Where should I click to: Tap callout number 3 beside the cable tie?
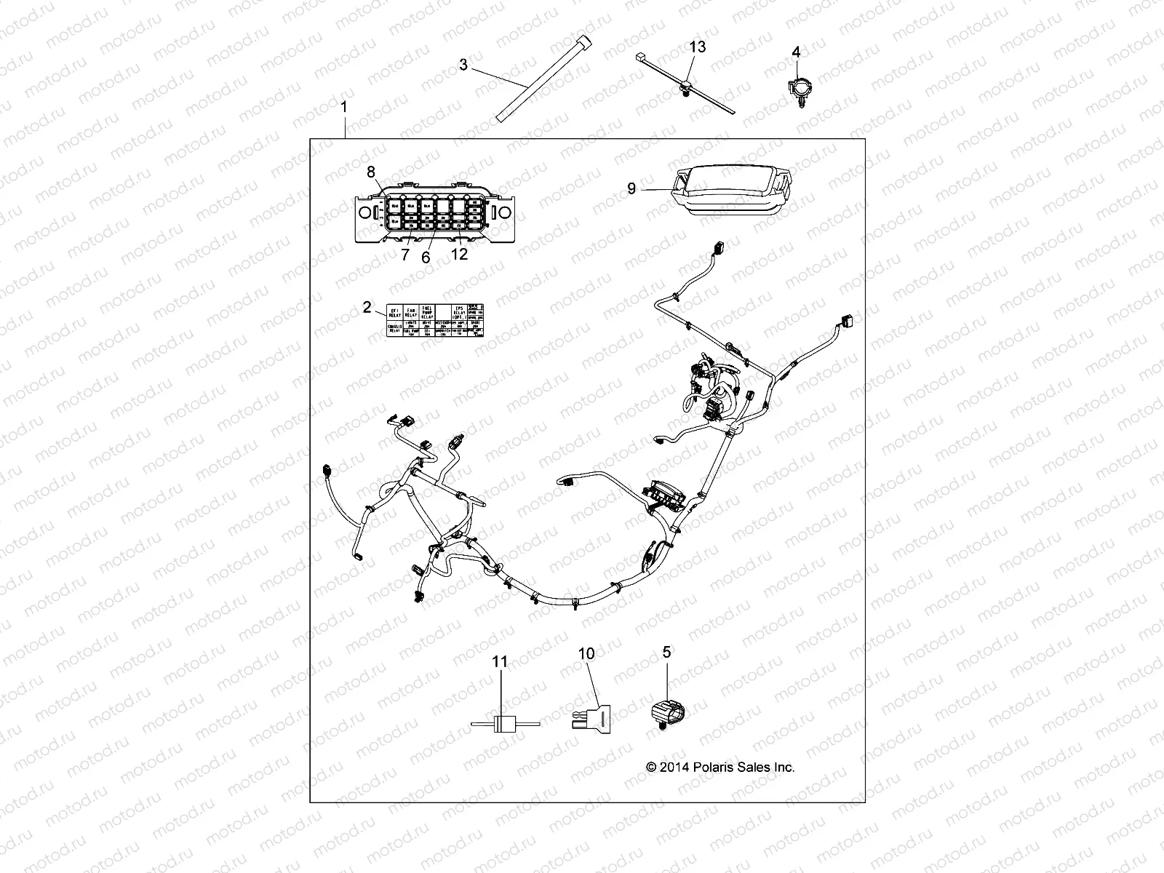coord(463,65)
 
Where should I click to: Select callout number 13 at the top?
coord(697,47)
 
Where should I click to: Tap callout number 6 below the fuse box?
coord(426,258)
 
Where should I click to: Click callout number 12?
coord(459,254)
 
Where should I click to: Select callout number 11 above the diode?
coord(500,662)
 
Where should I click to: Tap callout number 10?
coord(586,654)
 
